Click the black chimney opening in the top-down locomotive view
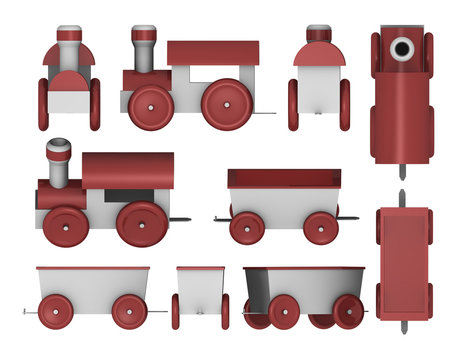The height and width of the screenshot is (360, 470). coord(402,48)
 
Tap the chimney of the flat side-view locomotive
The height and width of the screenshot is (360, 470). coord(144,49)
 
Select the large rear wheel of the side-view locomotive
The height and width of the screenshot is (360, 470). coord(225,104)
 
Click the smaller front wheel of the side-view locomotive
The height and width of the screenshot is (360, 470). coord(151,106)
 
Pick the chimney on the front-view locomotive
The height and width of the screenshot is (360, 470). coord(69,44)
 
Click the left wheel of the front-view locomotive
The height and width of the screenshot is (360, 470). coord(43,104)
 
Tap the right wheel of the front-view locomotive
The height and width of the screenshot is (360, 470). coord(95,104)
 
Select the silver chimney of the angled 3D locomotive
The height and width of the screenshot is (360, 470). coord(59,160)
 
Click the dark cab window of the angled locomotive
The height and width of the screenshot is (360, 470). coord(130,195)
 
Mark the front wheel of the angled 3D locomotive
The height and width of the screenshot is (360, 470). coord(65,226)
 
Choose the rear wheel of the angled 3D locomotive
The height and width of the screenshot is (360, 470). coord(140,224)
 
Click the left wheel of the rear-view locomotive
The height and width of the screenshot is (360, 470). coord(294,105)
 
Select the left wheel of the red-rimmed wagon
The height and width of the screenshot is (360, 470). coord(247,227)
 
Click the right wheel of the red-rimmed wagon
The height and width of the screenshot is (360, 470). coord(320,227)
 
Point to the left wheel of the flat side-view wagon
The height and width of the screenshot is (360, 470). coord(57,311)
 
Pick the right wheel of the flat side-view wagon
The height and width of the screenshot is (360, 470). coord(129,311)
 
